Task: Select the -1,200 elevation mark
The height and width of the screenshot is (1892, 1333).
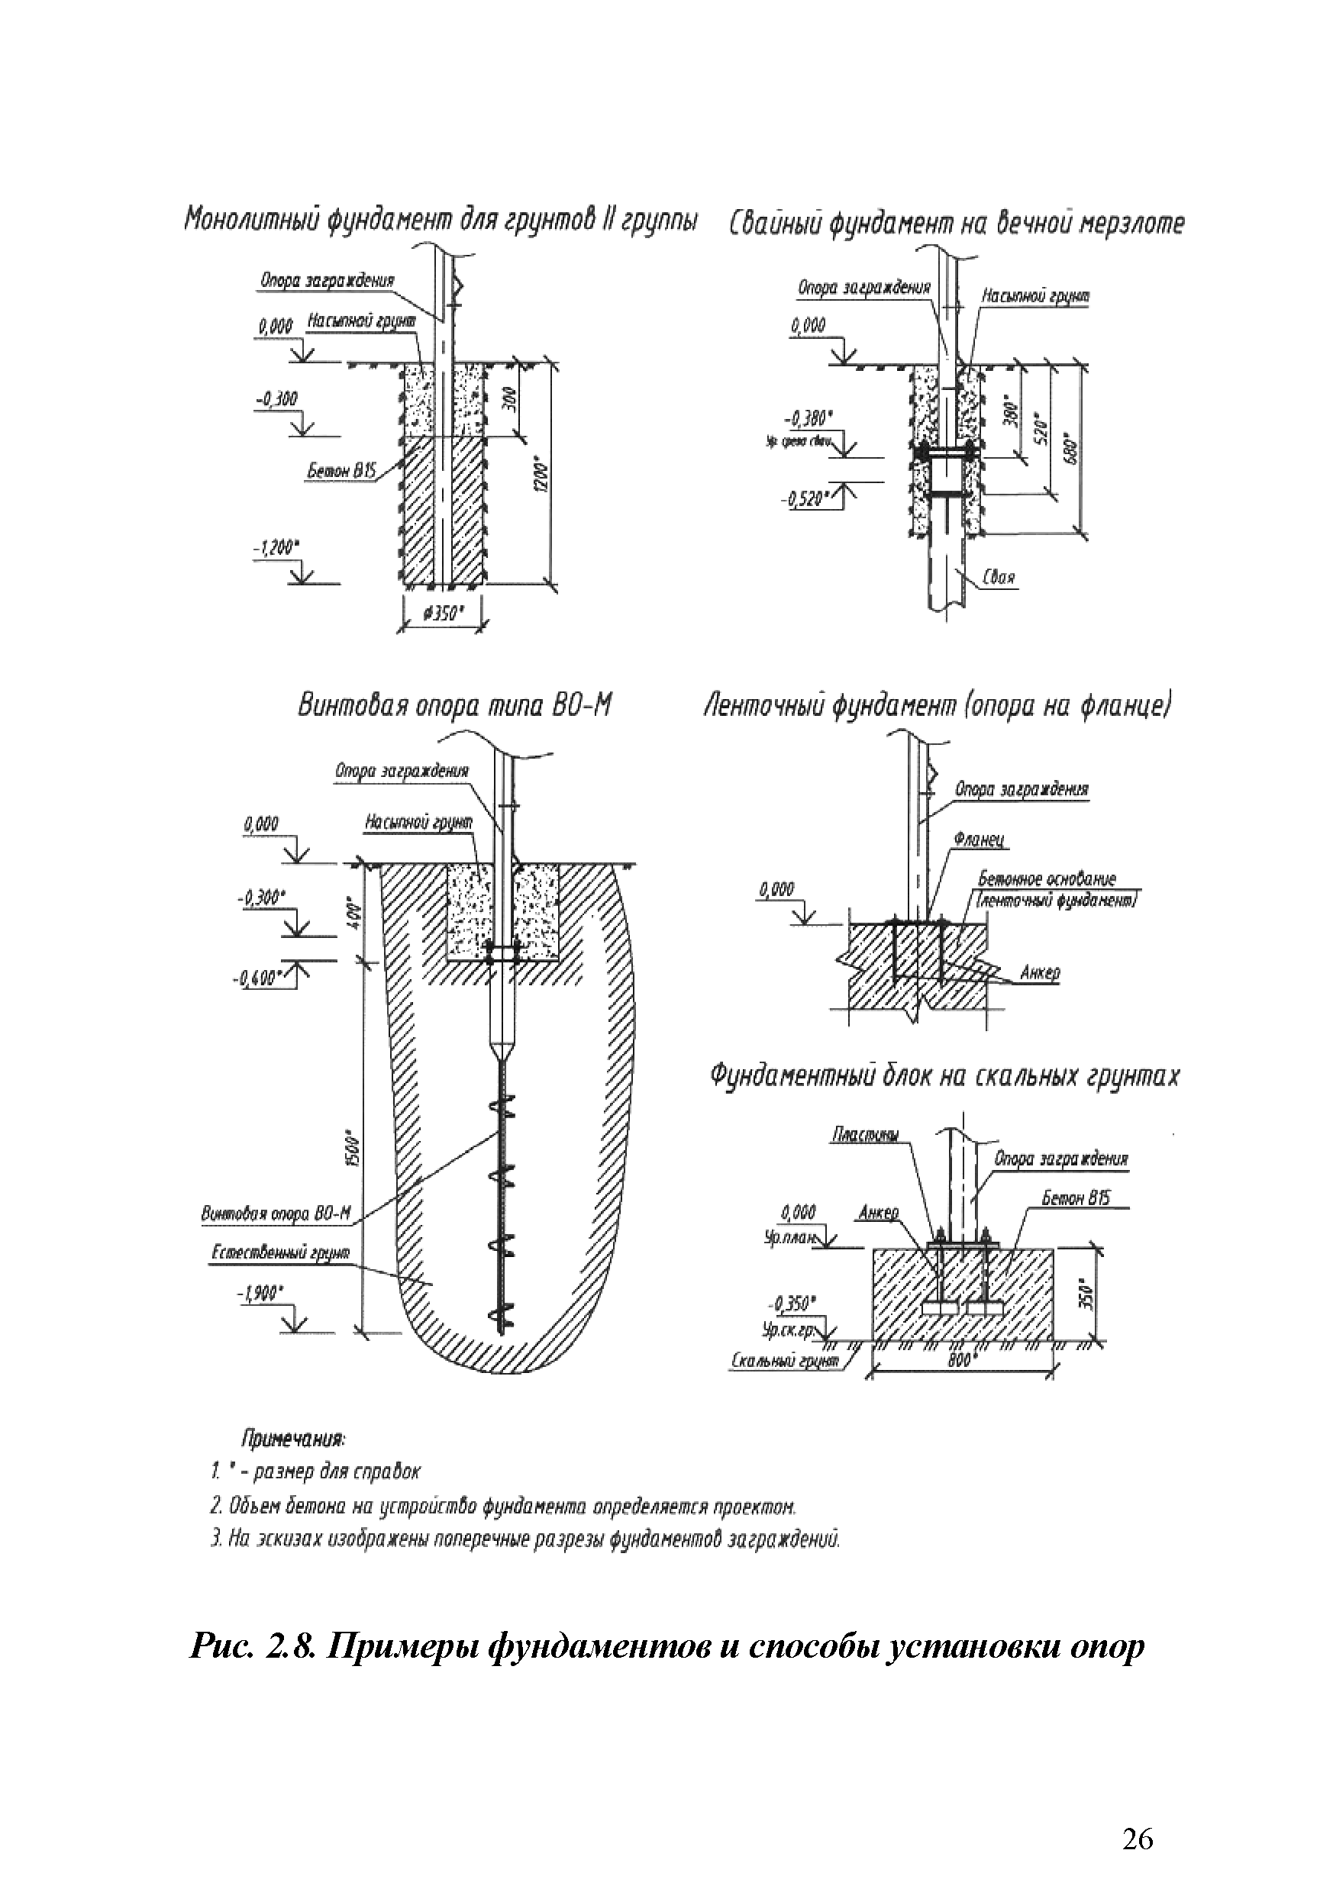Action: point(276,546)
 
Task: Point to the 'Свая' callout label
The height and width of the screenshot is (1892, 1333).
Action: point(999,578)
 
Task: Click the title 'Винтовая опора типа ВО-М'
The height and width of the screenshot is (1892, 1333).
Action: point(454,706)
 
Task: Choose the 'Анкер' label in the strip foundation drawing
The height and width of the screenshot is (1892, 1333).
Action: point(1040,973)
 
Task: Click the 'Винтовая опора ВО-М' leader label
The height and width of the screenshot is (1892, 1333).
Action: point(276,1214)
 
